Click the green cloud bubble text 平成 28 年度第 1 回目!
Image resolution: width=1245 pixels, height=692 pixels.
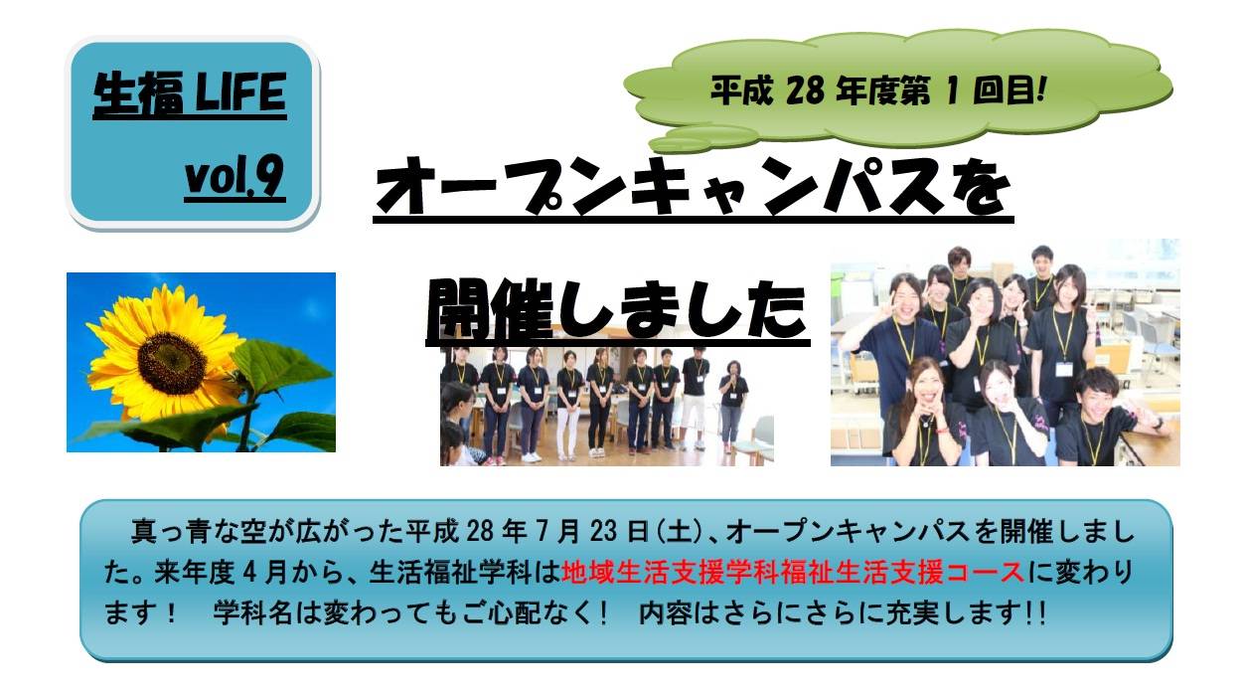(x=878, y=89)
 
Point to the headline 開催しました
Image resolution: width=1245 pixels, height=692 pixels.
(x=617, y=310)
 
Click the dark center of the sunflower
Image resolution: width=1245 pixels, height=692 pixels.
(x=172, y=363)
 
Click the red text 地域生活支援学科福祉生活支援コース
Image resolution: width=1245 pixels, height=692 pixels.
(x=793, y=573)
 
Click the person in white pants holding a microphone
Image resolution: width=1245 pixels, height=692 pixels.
(x=732, y=405)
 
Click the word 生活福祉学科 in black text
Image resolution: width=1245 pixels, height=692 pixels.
(x=451, y=573)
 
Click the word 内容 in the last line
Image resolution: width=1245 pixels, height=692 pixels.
(x=666, y=614)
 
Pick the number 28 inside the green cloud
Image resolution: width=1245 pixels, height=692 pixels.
(x=806, y=90)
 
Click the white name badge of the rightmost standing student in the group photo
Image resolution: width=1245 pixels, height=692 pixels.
(x=1063, y=369)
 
